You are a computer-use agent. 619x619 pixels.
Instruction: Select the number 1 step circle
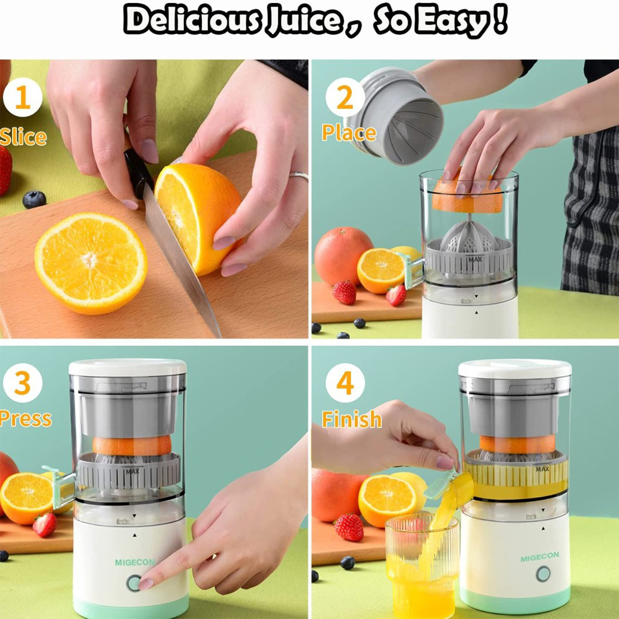click(x=22, y=98)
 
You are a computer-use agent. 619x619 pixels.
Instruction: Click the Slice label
click(x=24, y=136)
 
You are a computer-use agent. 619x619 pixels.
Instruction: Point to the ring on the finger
click(x=299, y=176)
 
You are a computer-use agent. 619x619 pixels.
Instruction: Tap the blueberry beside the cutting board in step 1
click(x=34, y=199)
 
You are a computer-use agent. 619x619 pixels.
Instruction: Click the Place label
click(x=348, y=132)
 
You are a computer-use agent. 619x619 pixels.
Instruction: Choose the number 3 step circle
click(x=22, y=384)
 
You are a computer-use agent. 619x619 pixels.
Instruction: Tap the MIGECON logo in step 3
click(x=135, y=562)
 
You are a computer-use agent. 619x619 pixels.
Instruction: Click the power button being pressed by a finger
click(x=133, y=582)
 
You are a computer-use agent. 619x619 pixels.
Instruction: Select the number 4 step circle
click(x=345, y=384)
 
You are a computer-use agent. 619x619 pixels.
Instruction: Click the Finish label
click(x=352, y=419)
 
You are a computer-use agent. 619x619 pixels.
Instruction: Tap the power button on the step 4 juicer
click(x=543, y=574)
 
